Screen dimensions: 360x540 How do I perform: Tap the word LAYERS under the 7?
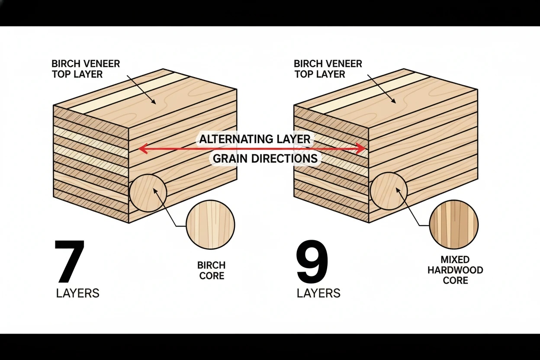tap(77, 293)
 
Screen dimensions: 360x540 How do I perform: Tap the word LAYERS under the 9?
tap(318, 293)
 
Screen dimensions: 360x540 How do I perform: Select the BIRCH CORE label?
tap(212, 270)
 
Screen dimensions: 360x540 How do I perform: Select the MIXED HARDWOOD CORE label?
tap(455, 270)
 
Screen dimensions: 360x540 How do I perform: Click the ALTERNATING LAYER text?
tap(254, 139)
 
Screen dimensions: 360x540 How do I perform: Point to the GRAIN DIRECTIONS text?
tap(265, 159)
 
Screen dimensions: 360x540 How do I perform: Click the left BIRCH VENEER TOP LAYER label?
tap(86, 69)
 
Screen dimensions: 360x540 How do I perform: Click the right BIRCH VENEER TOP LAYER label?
tap(328, 69)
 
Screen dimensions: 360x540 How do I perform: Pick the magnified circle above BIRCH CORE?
tap(210, 225)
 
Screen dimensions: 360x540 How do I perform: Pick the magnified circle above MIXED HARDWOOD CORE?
tap(453, 225)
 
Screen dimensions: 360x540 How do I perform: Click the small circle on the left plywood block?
tap(148, 193)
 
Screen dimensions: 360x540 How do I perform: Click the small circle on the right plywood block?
tap(389, 191)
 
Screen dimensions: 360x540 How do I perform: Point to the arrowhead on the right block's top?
tap(394, 101)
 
